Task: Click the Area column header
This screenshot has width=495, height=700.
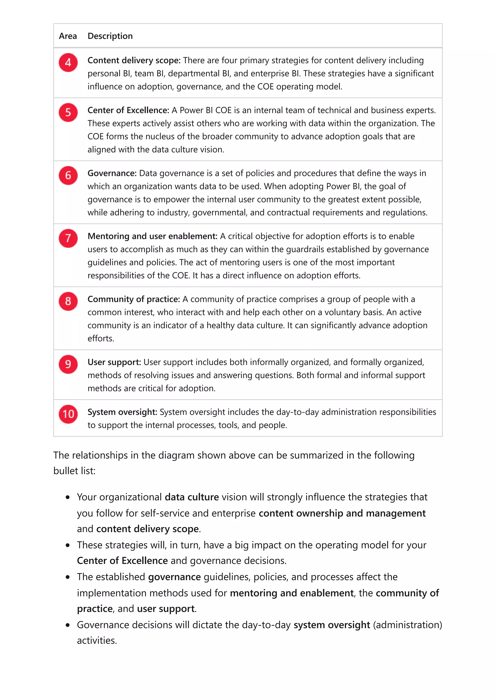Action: point(68,36)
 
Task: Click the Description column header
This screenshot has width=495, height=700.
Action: point(110,36)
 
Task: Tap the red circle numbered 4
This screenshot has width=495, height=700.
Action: point(68,63)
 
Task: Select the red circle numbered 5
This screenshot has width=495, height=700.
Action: point(68,112)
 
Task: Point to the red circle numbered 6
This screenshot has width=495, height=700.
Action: point(68,175)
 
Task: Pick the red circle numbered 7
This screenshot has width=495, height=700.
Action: point(68,238)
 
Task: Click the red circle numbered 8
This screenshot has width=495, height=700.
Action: point(68,301)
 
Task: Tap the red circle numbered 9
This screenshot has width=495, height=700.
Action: point(68,364)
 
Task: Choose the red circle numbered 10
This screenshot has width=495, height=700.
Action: point(68,414)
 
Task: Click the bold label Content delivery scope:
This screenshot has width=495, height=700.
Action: point(134,60)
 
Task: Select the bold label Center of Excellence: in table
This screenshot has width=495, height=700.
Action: point(128,110)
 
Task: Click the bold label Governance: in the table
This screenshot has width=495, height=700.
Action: point(112,173)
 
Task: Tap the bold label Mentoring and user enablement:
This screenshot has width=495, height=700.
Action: point(153,236)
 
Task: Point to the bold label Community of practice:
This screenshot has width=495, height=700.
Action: point(134,299)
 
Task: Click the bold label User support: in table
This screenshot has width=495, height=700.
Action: point(114,362)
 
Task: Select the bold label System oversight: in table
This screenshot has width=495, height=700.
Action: point(122,412)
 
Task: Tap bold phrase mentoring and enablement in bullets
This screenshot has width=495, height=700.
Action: point(291,593)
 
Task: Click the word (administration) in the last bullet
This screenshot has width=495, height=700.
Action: point(407,625)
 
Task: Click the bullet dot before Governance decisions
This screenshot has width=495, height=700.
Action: point(68,625)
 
